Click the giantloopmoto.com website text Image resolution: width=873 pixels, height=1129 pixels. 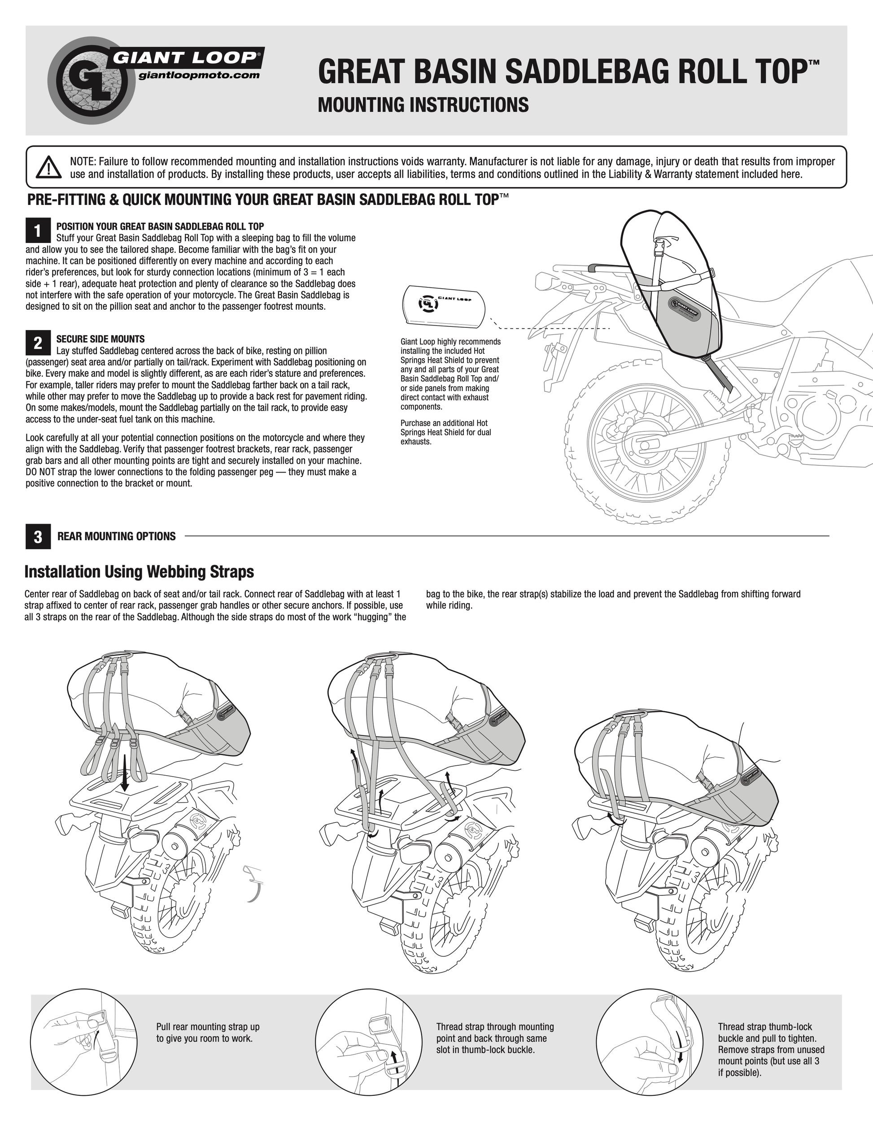(199, 75)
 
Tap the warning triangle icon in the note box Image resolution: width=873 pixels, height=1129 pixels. (50, 167)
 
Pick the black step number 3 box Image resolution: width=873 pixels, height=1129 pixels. (38, 537)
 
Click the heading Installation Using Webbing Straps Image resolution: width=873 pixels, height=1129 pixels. (139, 572)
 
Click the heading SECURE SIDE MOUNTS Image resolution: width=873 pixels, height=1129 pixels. (100, 339)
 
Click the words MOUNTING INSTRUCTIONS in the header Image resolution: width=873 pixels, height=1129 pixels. (423, 104)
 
